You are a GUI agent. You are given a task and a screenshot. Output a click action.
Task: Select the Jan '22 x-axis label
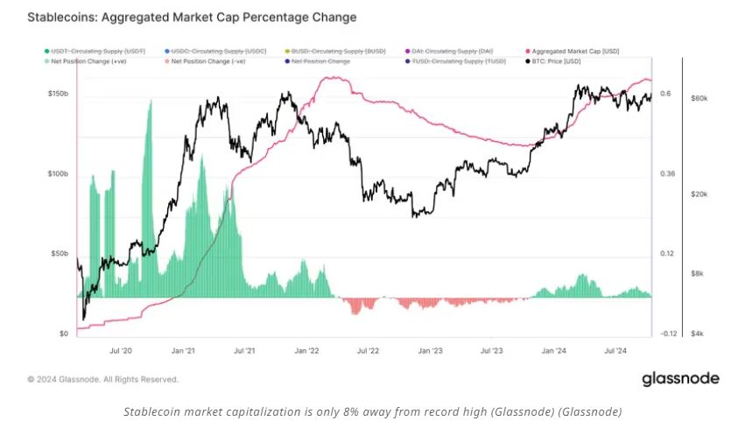coord(307,350)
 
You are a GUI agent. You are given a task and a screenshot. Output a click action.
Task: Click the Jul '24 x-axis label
coord(616,350)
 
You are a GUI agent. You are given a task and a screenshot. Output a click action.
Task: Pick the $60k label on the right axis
coord(699,98)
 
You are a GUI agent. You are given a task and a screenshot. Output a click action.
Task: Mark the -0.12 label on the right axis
coord(669,333)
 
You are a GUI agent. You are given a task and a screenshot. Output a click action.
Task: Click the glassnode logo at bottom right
coord(680,379)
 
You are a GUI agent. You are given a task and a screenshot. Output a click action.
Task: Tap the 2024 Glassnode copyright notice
coord(102,380)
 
